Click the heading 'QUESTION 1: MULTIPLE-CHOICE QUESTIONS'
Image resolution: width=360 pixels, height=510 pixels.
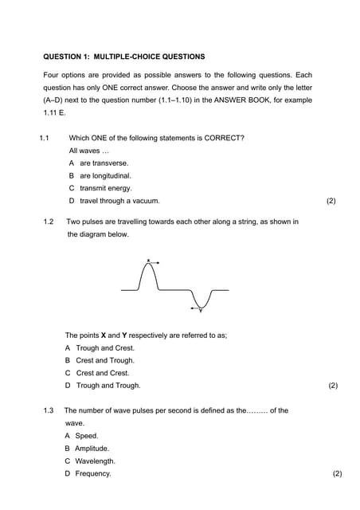coord(123,57)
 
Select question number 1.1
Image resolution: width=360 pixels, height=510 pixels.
coord(45,138)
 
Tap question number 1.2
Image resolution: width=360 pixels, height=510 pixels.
coord(49,222)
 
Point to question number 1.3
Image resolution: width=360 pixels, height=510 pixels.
coord(49,410)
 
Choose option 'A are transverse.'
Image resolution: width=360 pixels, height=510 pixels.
coord(99,163)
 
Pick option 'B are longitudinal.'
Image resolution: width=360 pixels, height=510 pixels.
coord(100,175)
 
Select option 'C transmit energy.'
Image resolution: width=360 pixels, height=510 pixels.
coord(100,188)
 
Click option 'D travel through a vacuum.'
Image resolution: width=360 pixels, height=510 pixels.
coord(115,201)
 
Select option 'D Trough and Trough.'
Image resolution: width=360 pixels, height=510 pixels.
coord(103,386)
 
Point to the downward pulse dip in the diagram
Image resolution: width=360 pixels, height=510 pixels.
coord(200,306)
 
